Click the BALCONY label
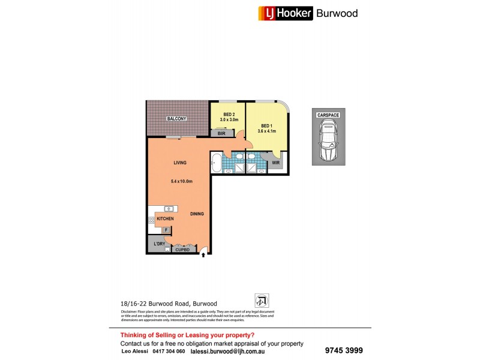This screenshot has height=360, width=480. point(176,119)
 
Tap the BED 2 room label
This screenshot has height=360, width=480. point(229,114)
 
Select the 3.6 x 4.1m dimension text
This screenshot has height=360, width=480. point(266,131)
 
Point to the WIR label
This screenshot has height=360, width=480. point(275,163)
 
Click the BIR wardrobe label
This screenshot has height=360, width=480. point(221,133)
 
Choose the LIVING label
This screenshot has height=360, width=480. point(180,163)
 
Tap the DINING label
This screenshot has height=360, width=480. point(197,214)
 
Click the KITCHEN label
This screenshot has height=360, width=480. point(166,219)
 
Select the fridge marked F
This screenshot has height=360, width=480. point(164,230)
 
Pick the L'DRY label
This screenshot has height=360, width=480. point(159,244)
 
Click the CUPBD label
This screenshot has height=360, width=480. point(182,250)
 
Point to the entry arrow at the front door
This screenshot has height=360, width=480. point(203,255)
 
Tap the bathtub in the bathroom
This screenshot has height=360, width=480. point(216,162)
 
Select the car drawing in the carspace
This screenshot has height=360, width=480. point(329,140)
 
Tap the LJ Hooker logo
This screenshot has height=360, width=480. point(286,13)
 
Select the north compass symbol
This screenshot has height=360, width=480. point(262,300)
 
